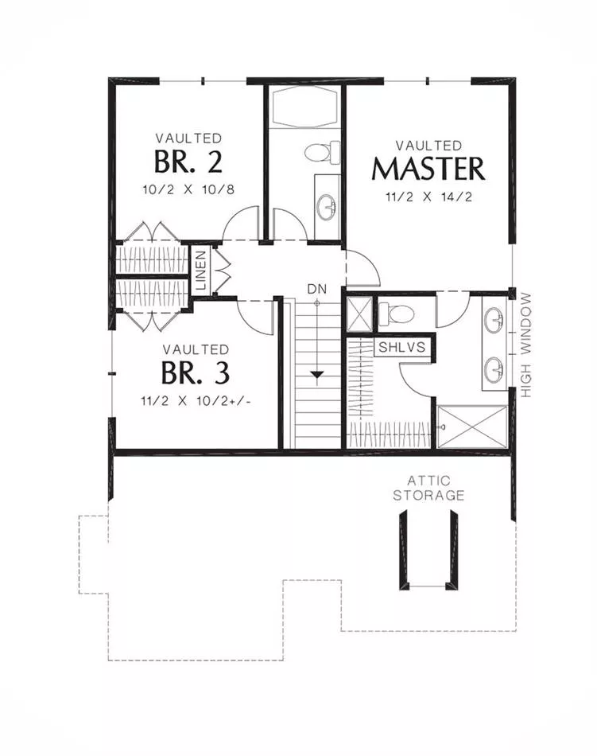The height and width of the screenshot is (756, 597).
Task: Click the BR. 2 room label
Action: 188,162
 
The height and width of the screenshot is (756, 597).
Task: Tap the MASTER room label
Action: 428,169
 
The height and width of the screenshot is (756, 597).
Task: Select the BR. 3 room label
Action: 196,372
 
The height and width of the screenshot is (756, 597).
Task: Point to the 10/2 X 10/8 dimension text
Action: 188,189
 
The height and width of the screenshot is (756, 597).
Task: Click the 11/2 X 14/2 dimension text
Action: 428,197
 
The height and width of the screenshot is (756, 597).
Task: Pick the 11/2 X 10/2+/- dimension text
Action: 196,401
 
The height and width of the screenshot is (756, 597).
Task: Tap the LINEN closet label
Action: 201,270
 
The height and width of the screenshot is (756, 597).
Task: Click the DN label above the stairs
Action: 317,290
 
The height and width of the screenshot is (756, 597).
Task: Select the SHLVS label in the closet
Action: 402,347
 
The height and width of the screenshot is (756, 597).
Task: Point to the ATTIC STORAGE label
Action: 428,488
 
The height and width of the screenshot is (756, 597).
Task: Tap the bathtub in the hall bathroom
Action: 304,107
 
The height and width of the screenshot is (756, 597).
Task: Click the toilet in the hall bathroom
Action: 322,152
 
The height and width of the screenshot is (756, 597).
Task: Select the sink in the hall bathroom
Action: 327,208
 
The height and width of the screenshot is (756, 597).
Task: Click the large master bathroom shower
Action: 472,427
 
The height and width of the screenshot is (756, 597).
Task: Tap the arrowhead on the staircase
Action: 317,375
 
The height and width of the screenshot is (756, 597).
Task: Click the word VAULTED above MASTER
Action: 428,145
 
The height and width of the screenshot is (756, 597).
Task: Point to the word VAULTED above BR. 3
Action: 196,349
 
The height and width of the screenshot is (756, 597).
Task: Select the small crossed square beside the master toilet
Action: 360,314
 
